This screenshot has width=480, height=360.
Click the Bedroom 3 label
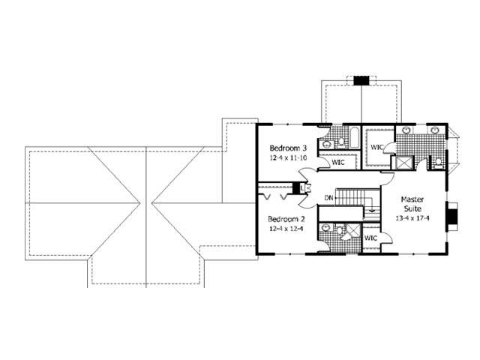[288, 148]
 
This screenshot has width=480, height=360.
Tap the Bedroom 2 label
[288, 220]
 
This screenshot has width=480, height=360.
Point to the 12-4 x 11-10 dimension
[288, 159]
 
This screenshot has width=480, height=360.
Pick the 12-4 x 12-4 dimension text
[288, 231]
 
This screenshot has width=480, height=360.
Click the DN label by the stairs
[328, 198]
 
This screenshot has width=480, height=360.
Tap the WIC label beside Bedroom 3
[338, 161]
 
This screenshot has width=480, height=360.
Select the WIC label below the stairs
[370, 238]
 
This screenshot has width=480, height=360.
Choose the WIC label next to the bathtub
[377, 147]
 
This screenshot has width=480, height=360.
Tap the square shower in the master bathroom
[403, 161]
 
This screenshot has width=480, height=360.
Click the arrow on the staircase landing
[370, 212]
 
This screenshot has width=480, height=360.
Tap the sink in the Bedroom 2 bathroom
[324, 227]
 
